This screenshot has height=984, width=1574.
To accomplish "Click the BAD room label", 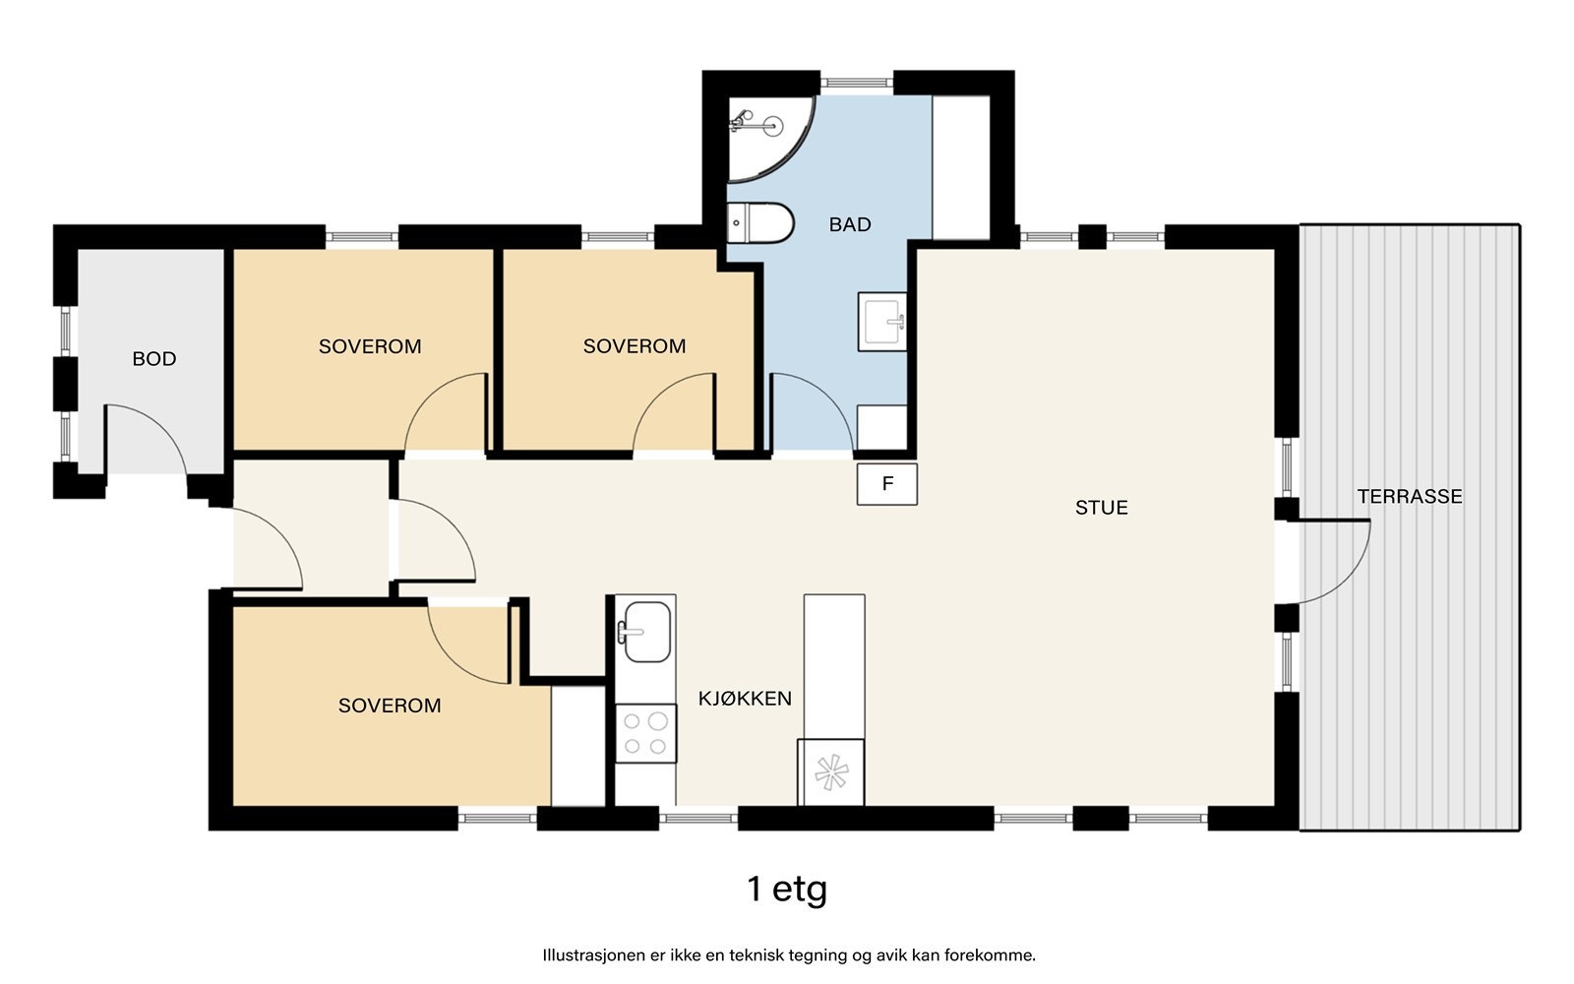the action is point(850,224).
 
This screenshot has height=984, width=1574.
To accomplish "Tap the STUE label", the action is point(1101,508).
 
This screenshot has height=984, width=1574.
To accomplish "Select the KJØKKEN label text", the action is point(745,698).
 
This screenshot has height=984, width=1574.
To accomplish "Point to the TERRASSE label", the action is point(1410,496).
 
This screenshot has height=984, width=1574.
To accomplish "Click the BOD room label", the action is point(153,358).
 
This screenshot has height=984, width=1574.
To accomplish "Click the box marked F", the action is point(886,483).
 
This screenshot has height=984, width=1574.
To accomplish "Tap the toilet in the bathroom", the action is point(759,222).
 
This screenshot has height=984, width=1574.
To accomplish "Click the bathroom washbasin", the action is point(881,322).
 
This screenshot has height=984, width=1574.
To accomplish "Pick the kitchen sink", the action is point(645,631).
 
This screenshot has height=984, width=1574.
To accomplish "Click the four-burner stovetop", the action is point(645,733).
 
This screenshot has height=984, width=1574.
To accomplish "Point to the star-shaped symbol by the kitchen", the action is point(830,772).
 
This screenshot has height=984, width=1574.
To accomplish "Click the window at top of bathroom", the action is point(857,83).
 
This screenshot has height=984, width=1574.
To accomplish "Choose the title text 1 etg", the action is point(787,890).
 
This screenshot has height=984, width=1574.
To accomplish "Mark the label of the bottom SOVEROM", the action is point(390,705).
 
